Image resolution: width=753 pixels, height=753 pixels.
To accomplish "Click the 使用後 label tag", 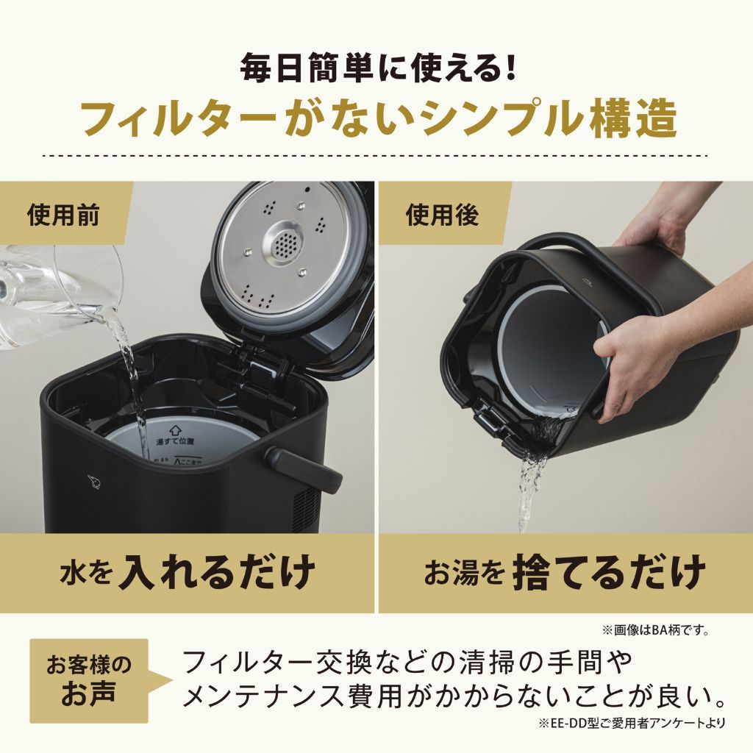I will click(442, 215).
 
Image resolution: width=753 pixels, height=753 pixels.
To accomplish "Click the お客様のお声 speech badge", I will click(89, 680).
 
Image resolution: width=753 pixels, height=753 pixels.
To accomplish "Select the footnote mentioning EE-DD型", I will click(631, 723).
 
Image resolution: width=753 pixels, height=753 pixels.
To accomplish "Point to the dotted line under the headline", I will click(376, 156).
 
